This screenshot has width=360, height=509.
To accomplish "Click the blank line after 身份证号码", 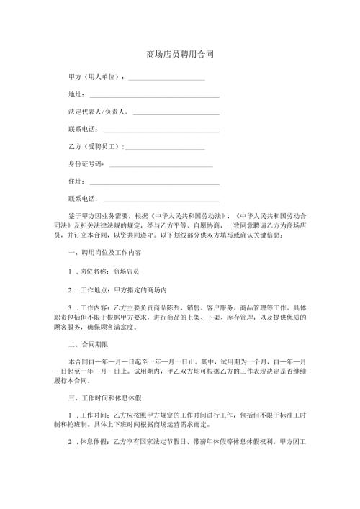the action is (161, 165).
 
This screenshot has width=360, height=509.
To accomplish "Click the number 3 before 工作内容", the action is (68, 307).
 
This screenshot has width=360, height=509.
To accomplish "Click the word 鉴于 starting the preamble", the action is (75, 217).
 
